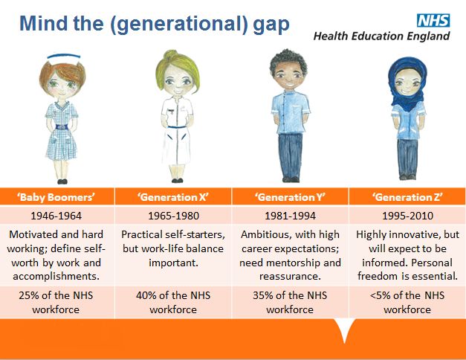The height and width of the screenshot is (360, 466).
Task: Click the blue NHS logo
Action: pyautogui.click(x=433, y=21)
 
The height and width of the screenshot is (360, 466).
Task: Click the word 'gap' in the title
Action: pyautogui.click(x=271, y=25)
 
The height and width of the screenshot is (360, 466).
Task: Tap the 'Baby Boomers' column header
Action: pyautogui.click(x=56, y=197)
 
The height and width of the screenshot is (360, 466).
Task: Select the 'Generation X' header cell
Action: pyautogui.click(x=173, y=196)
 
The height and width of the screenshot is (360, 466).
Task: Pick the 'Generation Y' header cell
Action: pyautogui.click(x=291, y=196)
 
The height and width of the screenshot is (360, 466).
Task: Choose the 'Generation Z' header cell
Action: pyautogui.click(x=407, y=196)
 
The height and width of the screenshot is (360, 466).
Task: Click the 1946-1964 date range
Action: pyautogui.click(x=56, y=216)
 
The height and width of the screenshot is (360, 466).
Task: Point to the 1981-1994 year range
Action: pyautogui.click(x=291, y=216)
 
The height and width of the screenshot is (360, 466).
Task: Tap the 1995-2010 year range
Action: pyautogui.click(x=407, y=216)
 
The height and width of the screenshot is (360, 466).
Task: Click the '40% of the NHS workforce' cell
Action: pyautogui.click(x=173, y=302)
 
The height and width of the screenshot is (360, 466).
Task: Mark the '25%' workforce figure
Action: pyautogui.click(x=29, y=295)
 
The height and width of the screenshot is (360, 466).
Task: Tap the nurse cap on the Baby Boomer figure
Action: pyautogui.click(x=64, y=57)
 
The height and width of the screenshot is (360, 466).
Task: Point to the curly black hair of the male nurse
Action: pyautogui.click(x=288, y=60)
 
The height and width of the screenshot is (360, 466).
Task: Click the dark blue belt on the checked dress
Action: pyautogui.click(x=62, y=127)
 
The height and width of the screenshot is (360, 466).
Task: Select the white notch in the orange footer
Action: pyautogui.click(x=344, y=329)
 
